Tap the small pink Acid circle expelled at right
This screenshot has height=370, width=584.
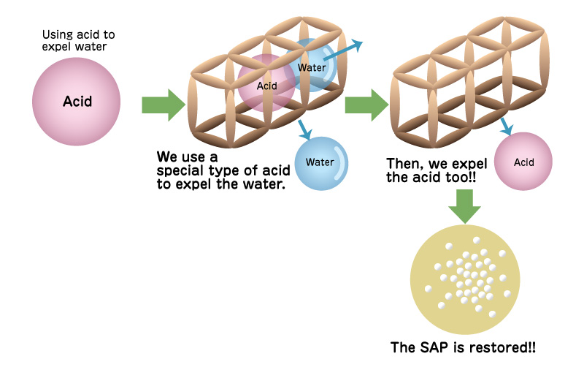(523, 162)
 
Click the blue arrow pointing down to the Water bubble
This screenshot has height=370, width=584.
(305, 129)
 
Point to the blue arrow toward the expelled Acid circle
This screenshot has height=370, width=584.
(505, 127)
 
